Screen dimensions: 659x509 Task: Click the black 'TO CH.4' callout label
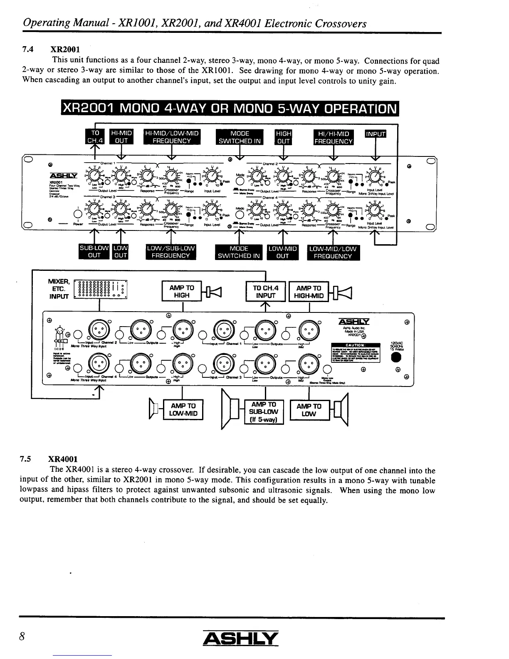point(95,137)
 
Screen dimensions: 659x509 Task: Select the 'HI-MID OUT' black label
point(121,137)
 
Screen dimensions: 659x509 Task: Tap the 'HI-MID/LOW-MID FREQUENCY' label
point(172,137)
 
